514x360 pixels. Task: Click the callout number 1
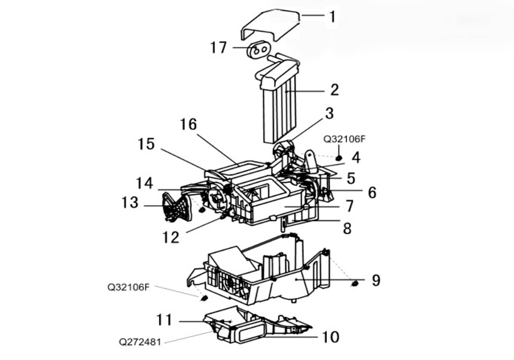pyautogui.click(x=333, y=17)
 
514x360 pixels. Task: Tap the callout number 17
pyautogui.click(x=218, y=47)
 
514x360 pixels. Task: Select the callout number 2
pyautogui.click(x=335, y=90)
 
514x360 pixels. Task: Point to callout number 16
pyautogui.click(x=189, y=124)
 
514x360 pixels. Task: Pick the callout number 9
pyautogui.click(x=376, y=280)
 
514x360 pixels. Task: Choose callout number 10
pyautogui.click(x=331, y=337)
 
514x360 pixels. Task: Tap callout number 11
pyautogui.click(x=164, y=320)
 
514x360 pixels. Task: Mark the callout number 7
pyautogui.click(x=350, y=206)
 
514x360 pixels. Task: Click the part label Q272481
pyautogui.click(x=140, y=343)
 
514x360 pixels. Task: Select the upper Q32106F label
pyautogui.click(x=344, y=139)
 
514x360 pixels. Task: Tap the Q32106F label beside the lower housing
pyautogui.click(x=128, y=287)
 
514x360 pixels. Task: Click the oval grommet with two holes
pyautogui.click(x=259, y=49)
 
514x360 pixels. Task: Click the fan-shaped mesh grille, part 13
pyautogui.click(x=177, y=207)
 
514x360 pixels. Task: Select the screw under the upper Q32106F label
pyautogui.click(x=339, y=158)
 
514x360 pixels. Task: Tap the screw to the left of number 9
pyautogui.click(x=354, y=283)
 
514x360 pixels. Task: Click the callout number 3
pyautogui.click(x=329, y=113)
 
